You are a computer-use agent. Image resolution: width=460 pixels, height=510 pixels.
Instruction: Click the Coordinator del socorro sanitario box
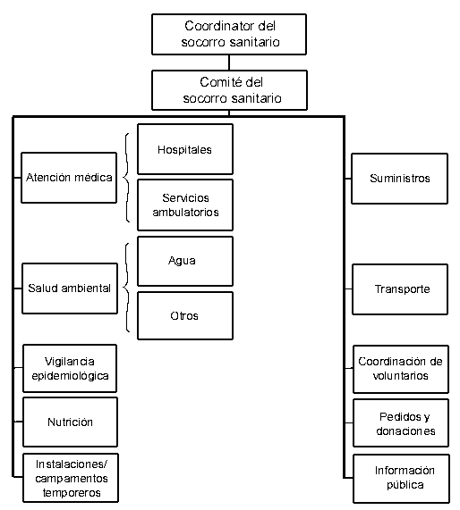click(229, 34)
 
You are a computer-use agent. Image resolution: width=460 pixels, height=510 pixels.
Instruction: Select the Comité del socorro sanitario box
click(229, 90)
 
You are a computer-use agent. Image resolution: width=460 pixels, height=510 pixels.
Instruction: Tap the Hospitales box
click(185, 149)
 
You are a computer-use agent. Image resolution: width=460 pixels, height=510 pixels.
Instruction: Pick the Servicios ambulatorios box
click(185, 205)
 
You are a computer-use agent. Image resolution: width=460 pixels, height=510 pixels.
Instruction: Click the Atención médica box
click(69, 178)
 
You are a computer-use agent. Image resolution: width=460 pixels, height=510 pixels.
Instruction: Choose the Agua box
click(185, 261)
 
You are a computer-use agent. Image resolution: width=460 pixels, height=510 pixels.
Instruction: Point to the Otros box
click(185, 315)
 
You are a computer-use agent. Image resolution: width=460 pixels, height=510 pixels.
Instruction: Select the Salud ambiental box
click(70, 288)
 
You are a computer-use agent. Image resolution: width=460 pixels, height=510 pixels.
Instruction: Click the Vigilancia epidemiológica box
click(70, 368)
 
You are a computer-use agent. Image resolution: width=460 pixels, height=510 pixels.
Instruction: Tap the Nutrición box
click(70, 422)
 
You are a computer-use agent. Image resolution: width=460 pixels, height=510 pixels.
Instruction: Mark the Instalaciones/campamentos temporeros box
click(71, 478)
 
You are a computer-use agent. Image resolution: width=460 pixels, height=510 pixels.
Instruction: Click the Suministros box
click(399, 179)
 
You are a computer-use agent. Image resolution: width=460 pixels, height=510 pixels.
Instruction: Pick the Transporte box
click(400, 289)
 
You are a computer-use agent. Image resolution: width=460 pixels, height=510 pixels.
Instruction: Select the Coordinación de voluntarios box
click(401, 369)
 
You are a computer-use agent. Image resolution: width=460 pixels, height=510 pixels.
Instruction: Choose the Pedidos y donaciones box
click(401, 422)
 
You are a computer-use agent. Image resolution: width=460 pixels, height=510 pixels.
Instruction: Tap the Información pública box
click(401, 479)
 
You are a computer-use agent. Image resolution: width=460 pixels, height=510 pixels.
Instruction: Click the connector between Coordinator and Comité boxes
click(229, 63)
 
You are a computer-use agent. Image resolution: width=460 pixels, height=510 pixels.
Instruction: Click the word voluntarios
click(400, 376)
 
